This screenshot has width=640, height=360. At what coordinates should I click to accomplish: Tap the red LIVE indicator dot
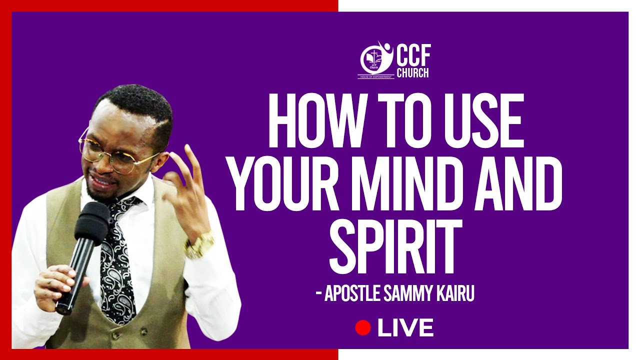(362, 328)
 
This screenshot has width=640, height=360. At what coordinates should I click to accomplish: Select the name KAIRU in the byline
(454, 293)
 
